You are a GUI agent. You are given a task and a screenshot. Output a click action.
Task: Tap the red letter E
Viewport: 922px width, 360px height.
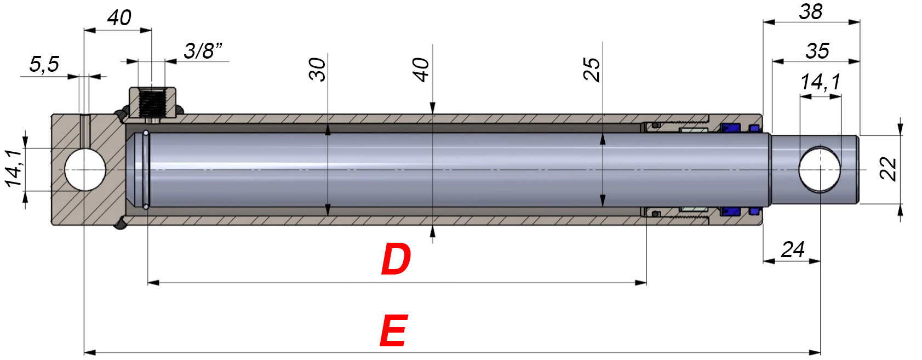393,330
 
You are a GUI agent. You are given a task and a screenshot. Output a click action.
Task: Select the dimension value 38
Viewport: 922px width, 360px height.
810,12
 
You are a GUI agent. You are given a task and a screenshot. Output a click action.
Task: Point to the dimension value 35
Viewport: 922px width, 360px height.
817,51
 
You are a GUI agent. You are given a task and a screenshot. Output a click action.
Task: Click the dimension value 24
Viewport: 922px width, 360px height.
793,250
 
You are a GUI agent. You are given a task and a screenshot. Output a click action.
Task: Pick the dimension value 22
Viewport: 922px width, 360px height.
888,169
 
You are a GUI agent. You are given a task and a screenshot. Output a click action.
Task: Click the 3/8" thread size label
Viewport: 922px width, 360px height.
203,51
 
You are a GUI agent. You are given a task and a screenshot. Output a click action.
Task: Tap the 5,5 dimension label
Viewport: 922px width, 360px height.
44,64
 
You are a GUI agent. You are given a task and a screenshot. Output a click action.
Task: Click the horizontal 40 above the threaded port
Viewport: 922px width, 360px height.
119,18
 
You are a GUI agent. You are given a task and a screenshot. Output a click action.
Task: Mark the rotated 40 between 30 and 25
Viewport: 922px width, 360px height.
421,70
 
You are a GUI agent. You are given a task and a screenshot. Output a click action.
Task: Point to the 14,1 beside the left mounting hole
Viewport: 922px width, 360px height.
14,169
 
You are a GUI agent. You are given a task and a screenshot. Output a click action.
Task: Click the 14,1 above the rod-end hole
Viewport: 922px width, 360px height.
820,82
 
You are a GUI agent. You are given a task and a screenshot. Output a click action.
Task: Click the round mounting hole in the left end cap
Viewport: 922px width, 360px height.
85,170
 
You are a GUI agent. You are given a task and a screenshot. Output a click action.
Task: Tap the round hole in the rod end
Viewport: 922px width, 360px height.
820,170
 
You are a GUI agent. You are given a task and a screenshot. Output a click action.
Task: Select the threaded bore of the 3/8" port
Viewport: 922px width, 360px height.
152,103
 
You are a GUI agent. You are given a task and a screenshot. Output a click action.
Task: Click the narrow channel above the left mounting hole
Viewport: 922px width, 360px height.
85,131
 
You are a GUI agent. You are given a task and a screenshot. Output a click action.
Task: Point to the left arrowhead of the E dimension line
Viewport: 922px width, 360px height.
90,352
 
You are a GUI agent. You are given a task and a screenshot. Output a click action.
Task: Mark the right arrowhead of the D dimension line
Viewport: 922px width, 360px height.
641,283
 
